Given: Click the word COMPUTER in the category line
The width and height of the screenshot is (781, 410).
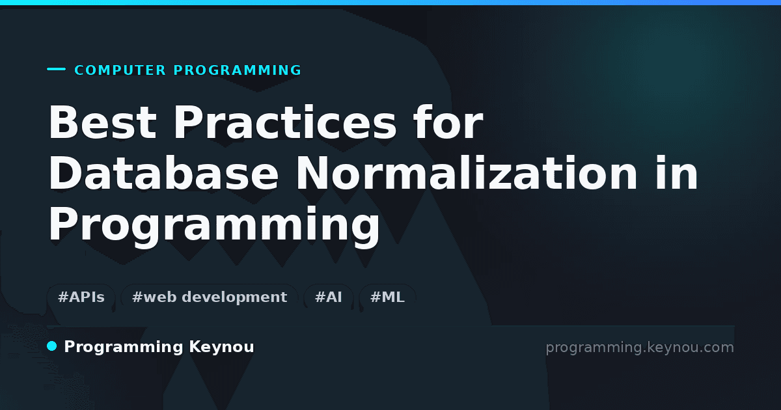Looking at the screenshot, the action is click(120, 70).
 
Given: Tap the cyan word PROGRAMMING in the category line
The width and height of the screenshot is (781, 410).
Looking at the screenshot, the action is click(238, 70).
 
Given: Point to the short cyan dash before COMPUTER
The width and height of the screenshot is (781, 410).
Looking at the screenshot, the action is click(56, 69).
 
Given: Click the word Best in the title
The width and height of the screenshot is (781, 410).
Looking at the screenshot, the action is click(103, 122).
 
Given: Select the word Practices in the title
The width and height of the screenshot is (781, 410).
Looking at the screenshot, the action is click(285, 122).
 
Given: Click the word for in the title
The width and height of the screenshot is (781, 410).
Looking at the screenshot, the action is click(448, 122).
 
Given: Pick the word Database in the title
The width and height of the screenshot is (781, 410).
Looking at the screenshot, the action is click(163, 173).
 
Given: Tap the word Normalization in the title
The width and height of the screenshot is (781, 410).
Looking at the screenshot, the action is click(467, 173).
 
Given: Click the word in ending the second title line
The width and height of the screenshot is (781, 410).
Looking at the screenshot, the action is click(677, 173).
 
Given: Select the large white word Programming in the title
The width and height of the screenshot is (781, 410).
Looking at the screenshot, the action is click(214, 225).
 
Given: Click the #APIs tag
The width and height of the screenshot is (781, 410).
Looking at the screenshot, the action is click(81, 297).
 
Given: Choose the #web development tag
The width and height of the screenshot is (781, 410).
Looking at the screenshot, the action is click(210, 297).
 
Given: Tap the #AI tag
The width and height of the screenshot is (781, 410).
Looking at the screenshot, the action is click(329, 297).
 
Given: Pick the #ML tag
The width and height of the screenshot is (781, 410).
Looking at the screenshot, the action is click(387, 297).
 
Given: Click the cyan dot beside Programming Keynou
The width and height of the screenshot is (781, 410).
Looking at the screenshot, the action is click(52, 346).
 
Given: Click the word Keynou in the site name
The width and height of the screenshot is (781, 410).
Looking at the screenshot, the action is click(221, 348).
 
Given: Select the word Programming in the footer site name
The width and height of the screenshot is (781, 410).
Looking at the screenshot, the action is click(124, 348).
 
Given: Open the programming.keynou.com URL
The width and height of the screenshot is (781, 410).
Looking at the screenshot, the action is click(640, 348).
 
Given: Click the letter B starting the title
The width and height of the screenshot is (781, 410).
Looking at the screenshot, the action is click(62, 122).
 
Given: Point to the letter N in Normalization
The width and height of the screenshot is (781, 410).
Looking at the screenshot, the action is click(312, 173).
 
